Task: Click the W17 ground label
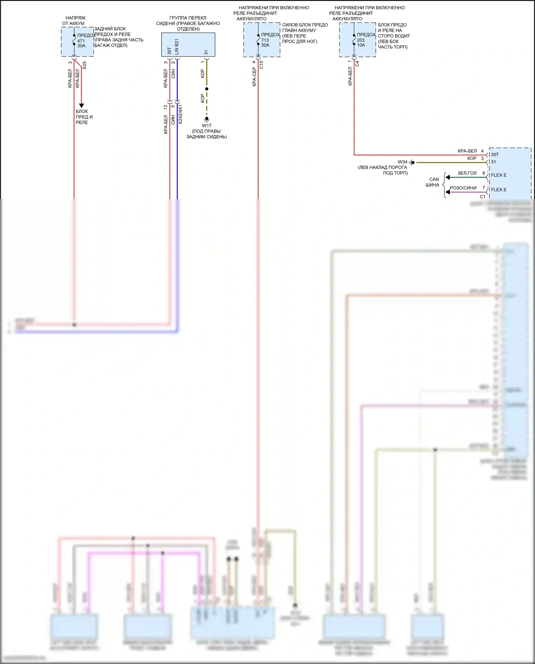pyautogui.click(x=207, y=126)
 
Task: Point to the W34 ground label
pyautogui.click(x=403, y=162)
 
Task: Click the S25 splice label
pyautogui.click(x=85, y=65)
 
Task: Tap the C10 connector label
pyautogui.click(x=261, y=65)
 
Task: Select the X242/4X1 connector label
pyautogui.click(x=180, y=114)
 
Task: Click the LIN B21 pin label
pyautogui.click(x=177, y=47)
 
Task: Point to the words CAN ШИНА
pyautogui.click(x=433, y=182)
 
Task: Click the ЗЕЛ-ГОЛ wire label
pyautogui.click(x=467, y=173)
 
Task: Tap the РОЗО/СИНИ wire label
pyautogui.click(x=463, y=188)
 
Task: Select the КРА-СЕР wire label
pyautogui.click(x=254, y=77)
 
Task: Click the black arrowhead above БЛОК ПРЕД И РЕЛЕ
pyautogui.click(x=81, y=106)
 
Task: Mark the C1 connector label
pyautogui.click(x=483, y=197)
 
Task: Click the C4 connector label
pyautogui.click(x=357, y=64)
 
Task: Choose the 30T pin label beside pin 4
pyautogui.click(x=495, y=154)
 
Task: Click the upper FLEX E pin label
pyautogui.click(x=499, y=175)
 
